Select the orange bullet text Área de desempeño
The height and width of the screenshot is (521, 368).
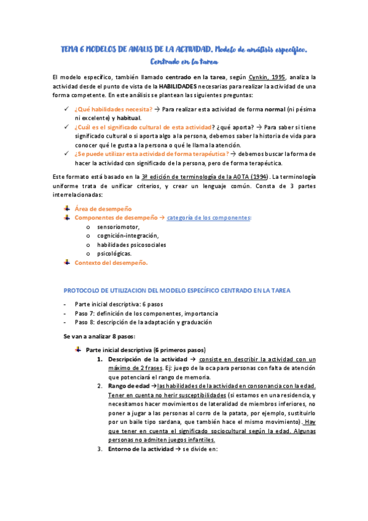[103, 209]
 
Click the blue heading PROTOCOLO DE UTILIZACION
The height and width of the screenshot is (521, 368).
[177, 291]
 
